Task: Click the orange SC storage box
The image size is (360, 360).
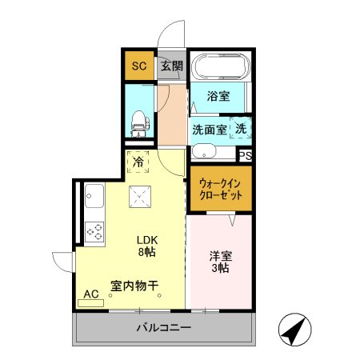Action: pos(138,66)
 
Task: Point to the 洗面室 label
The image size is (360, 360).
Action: pos(209,128)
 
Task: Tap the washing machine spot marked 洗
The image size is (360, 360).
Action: pos(241,127)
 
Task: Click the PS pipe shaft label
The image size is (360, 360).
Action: pos(246,156)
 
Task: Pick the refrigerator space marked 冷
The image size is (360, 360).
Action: pos(138,162)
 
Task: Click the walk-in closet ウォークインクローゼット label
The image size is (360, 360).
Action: pos(222,190)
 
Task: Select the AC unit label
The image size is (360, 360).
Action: pos(91,294)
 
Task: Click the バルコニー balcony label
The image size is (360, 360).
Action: pos(163,328)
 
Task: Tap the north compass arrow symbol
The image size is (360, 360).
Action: pos(293,330)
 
